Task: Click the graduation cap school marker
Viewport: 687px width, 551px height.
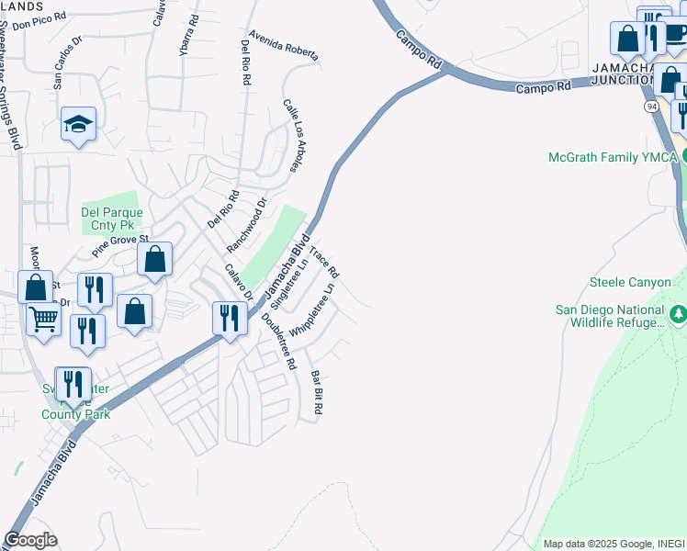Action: click(x=79, y=124)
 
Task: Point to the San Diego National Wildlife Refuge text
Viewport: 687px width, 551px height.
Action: click(x=610, y=316)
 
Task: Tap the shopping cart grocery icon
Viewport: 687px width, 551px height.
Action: click(x=43, y=320)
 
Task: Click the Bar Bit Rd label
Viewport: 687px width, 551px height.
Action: click(x=318, y=391)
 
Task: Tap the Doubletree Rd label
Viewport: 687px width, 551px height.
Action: click(x=278, y=341)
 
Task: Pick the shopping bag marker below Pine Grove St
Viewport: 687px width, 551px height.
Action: click(x=155, y=260)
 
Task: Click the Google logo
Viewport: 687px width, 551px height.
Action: click(x=30, y=540)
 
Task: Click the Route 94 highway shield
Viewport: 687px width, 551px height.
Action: click(x=650, y=107)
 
